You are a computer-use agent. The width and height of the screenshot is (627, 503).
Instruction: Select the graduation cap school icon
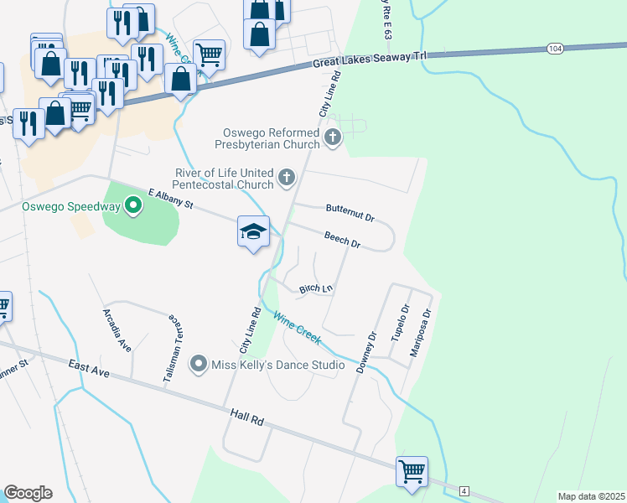point(253,232)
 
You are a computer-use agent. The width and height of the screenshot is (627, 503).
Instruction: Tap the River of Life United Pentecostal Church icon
point(288,177)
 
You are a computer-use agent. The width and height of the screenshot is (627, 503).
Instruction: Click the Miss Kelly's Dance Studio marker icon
point(199,364)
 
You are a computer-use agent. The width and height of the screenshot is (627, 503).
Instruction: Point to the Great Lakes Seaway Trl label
point(370,59)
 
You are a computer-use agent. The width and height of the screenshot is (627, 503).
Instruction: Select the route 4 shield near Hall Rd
point(464,490)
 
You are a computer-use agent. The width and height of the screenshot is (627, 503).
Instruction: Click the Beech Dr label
point(342,240)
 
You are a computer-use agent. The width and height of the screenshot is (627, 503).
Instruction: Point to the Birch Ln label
point(317,288)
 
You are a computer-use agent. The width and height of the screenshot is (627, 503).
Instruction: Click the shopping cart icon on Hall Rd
point(412,470)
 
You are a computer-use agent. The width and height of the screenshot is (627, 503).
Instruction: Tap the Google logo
point(28,493)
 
